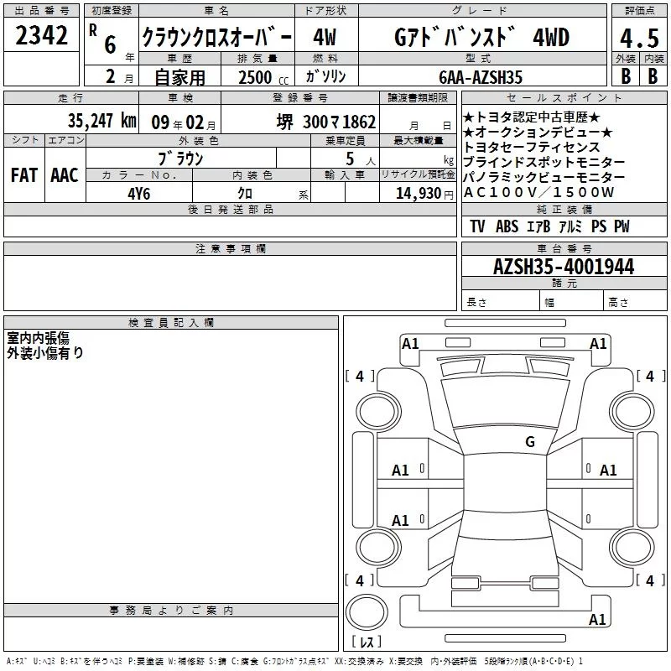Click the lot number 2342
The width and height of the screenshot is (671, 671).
[x=41, y=35]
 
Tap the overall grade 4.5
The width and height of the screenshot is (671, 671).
[x=639, y=38]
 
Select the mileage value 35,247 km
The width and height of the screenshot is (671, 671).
[x=101, y=121]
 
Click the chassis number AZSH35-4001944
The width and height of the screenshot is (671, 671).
[x=564, y=266]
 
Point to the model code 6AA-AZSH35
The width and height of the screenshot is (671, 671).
[x=481, y=77]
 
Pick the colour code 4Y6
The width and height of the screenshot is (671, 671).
[x=139, y=194]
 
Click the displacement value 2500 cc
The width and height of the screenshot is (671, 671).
[x=263, y=77]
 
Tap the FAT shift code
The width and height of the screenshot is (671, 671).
[x=24, y=175]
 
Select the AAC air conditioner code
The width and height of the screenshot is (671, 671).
[x=65, y=175]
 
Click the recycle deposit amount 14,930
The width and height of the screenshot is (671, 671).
[x=418, y=194]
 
